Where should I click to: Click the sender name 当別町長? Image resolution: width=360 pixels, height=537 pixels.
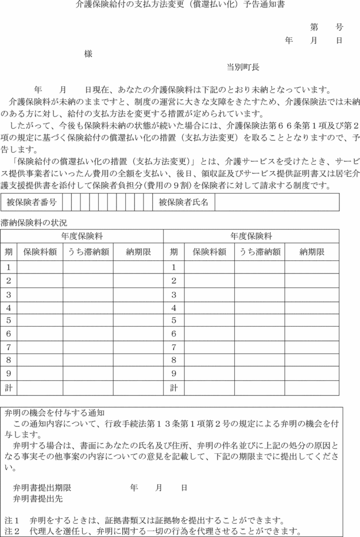pos(243,67)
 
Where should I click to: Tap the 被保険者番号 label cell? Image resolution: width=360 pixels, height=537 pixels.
pos(32,203)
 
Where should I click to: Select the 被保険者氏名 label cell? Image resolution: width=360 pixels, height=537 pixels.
pos(184,203)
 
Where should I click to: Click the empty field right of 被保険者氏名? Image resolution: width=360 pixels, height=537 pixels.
pos(277,203)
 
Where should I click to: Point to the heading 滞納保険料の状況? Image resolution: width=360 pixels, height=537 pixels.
pos(34,222)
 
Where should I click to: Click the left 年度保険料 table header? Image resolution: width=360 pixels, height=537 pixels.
pos(82,236)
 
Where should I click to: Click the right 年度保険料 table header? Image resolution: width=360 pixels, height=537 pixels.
pos(251,236)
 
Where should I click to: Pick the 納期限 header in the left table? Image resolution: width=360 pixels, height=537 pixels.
pos(138,252)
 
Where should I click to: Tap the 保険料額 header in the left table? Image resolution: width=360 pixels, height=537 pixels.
pos(40,252)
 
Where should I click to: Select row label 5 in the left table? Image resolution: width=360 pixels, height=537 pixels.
pos(9,320)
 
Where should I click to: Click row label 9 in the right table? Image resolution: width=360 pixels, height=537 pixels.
pos(173,373)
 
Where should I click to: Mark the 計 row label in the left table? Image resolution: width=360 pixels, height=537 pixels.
pos(9,388)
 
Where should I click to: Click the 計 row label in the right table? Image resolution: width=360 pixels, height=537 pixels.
pos(173,388)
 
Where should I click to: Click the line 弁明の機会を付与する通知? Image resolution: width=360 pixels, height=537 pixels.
pos(55,412)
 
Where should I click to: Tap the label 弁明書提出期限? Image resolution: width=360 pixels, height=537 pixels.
pos(42,488)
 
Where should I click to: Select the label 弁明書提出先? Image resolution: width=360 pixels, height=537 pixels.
pos(38,499)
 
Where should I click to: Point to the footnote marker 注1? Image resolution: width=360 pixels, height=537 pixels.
pos(12,519)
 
